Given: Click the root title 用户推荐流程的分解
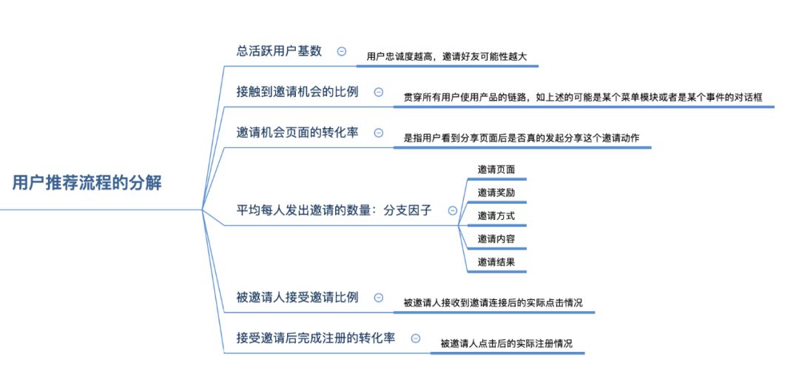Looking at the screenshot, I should [87, 183].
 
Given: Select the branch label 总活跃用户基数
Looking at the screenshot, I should [279, 51].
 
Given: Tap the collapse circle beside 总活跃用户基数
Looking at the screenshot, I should [341, 51].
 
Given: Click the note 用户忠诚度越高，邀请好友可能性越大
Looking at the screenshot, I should [447, 56].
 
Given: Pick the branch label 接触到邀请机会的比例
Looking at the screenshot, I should [297, 92].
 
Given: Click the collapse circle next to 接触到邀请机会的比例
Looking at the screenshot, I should [378, 92].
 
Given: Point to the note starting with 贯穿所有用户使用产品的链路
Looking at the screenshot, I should [583, 97].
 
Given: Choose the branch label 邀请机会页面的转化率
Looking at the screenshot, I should [297, 133].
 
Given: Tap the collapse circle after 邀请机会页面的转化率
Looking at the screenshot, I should [378, 133].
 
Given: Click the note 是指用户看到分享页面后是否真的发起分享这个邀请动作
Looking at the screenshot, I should [522, 138].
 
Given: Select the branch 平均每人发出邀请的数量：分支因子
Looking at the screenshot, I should [334, 210].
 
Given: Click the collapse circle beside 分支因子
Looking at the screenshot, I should [453, 210].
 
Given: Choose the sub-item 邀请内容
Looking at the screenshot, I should [496, 239].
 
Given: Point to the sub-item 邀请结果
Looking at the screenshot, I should [496, 261].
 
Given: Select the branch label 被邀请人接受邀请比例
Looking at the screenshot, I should [297, 297].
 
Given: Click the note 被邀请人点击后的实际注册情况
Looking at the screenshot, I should [506, 343].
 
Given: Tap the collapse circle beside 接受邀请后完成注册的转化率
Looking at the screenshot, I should [415, 338].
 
